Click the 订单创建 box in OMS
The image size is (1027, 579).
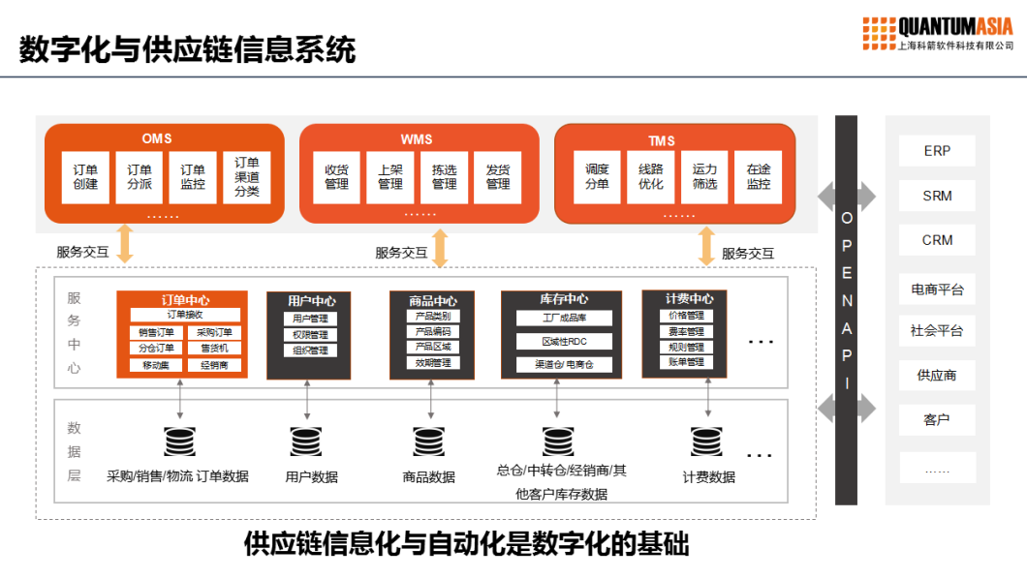coord(86,177)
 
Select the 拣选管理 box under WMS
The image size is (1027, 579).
coord(445,177)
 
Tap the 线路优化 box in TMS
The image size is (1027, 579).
coord(651,177)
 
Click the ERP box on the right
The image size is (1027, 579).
coord(937,152)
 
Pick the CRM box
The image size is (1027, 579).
coord(937,240)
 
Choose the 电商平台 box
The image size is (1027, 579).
coord(937,289)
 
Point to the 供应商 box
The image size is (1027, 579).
coord(937,375)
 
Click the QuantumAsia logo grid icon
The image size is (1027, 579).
coord(879,34)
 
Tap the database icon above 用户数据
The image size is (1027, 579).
coord(306,442)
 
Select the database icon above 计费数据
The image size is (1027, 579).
coord(707,442)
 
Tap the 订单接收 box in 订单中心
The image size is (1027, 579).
coord(184,315)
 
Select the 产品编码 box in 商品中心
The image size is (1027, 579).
coord(432,331)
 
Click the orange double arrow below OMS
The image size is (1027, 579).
coord(125,244)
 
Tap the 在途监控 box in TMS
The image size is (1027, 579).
coord(759,177)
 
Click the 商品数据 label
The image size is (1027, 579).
coord(429,477)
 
